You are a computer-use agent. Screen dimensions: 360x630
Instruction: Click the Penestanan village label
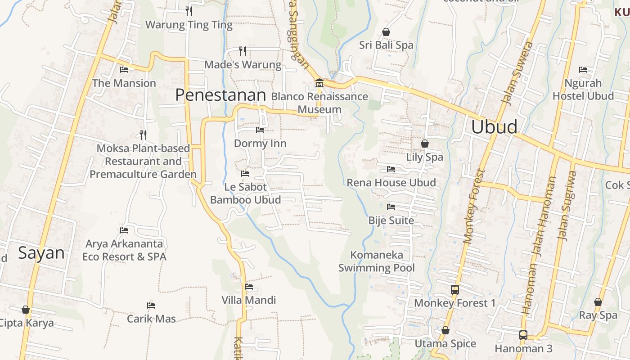point(220,95)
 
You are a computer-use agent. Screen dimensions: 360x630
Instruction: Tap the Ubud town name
point(494,127)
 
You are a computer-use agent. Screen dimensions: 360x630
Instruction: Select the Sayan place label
point(41,253)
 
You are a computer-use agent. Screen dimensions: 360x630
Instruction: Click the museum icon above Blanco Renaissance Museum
point(319,83)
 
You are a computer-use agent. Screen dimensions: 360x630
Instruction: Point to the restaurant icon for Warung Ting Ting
point(189,11)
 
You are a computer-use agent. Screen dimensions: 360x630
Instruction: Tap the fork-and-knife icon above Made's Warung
point(243,51)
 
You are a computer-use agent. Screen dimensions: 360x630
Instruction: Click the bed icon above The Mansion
point(124,70)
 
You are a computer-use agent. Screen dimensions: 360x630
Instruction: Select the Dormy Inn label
point(260,144)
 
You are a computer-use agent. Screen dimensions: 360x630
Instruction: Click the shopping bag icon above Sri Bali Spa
point(386,32)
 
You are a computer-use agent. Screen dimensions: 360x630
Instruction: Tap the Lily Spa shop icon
point(424,144)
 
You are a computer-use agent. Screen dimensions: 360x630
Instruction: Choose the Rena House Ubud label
point(391,183)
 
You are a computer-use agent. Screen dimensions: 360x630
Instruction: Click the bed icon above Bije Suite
point(391,207)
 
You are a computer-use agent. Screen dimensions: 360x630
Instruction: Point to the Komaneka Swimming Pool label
point(377,261)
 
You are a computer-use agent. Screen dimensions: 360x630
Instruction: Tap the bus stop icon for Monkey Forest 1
point(454,290)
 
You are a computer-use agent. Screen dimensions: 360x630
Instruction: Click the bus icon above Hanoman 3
point(523,335)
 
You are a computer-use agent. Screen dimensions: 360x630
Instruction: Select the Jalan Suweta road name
point(517,73)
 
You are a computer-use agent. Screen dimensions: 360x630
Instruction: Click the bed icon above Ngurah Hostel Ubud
point(583,70)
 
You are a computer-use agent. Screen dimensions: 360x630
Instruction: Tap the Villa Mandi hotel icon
point(248,287)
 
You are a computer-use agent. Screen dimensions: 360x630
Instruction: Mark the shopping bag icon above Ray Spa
point(598,302)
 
